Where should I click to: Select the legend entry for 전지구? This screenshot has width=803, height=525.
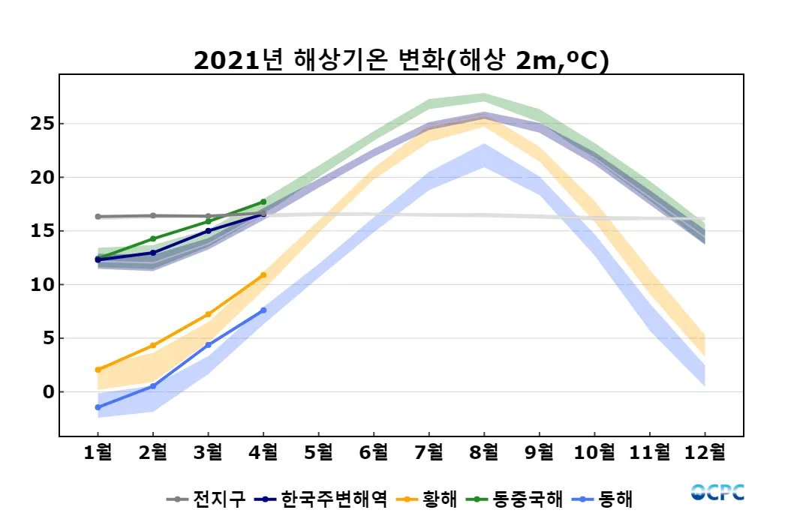(206, 499)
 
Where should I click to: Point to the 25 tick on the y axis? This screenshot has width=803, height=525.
(44, 124)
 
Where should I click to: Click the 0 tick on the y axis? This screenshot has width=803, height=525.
(47, 392)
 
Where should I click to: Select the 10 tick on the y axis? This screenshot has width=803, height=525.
(44, 285)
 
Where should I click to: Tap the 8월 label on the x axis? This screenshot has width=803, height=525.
(484, 452)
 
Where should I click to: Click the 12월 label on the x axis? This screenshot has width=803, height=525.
(705, 452)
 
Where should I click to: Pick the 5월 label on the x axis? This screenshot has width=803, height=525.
(318, 452)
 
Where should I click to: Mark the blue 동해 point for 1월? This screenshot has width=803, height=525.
(98, 407)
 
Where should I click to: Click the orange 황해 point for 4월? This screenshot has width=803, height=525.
(263, 274)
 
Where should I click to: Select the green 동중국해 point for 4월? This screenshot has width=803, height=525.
(263, 202)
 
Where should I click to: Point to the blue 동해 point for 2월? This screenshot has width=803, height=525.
(153, 386)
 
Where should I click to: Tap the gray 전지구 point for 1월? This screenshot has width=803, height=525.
(98, 217)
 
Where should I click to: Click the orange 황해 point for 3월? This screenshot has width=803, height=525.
(208, 314)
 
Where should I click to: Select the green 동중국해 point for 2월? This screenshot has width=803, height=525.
(153, 238)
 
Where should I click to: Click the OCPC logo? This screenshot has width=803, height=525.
(717, 492)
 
